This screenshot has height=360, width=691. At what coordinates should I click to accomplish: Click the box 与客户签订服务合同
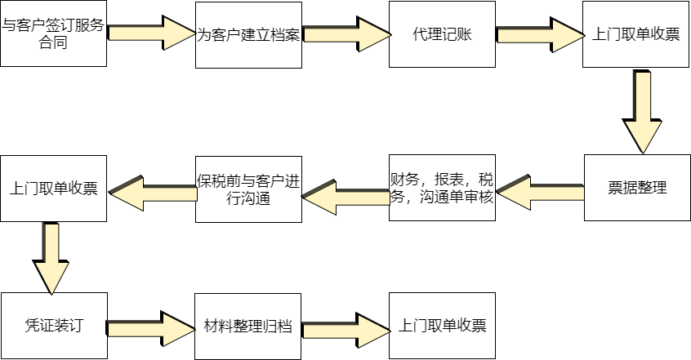(54, 34)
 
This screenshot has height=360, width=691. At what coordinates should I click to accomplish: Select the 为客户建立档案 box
(248, 34)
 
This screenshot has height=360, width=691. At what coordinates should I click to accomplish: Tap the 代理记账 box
(443, 34)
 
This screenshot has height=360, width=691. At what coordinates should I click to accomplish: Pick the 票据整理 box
(637, 188)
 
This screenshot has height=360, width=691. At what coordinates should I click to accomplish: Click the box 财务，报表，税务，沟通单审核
(443, 188)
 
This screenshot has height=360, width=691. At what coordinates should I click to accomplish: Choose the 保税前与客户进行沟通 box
(248, 188)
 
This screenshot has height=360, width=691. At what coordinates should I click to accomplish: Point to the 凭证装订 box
(54, 325)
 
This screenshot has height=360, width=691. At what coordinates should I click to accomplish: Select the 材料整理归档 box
(248, 325)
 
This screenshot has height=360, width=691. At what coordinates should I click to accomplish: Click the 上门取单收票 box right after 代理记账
(637, 34)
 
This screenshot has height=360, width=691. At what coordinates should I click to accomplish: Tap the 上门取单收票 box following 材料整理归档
(443, 325)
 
